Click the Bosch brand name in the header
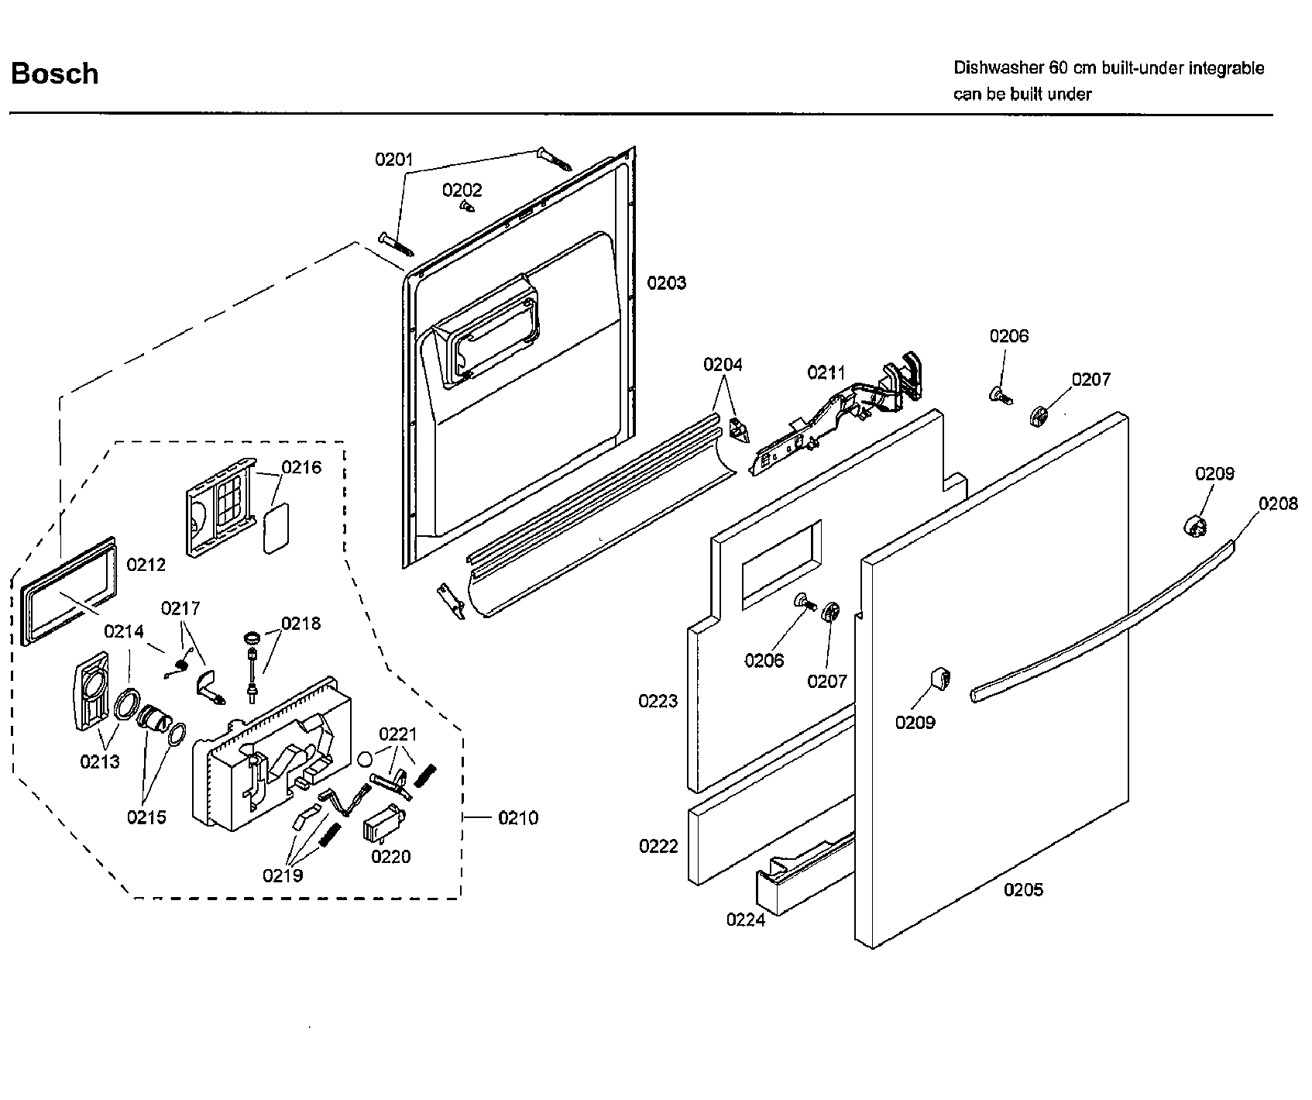[54, 74]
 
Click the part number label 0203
[667, 283]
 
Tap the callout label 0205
[1023, 890]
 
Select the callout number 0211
[826, 373]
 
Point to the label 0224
[745, 920]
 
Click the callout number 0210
[518, 818]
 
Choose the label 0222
[658, 847]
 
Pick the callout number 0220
[390, 857]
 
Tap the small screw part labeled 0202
[467, 206]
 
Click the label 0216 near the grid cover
[301, 467]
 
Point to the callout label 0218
[301, 624]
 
